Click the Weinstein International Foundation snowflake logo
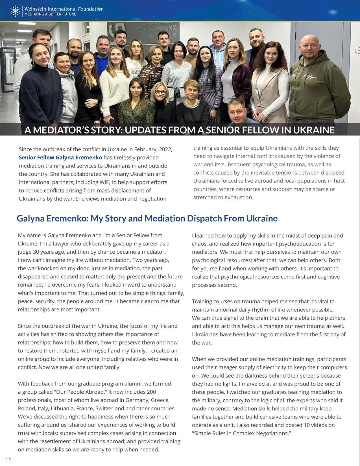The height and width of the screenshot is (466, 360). coord(15,11)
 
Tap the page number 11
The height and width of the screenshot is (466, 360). coord(8,460)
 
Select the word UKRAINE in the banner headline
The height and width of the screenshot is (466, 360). coord(313,130)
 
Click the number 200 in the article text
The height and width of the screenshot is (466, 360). coord(150,392)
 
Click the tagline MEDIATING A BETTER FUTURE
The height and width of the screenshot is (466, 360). coord(50,14)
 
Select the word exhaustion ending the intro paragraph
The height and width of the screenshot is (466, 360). coord(239,197)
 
